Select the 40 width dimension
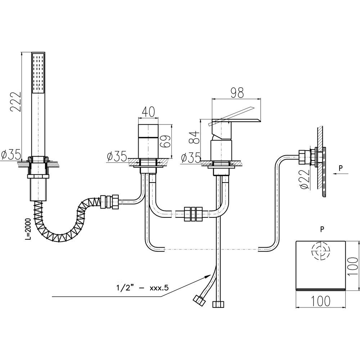pos(148,112)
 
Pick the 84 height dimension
pos(194,137)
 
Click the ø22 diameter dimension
pos(303,179)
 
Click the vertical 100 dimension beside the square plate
pos(354,266)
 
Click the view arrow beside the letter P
pos(340,173)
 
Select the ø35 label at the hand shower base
pos(11,155)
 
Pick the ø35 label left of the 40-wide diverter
pos(117,157)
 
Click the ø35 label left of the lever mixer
pos(191,158)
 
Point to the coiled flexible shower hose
pos(68,220)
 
